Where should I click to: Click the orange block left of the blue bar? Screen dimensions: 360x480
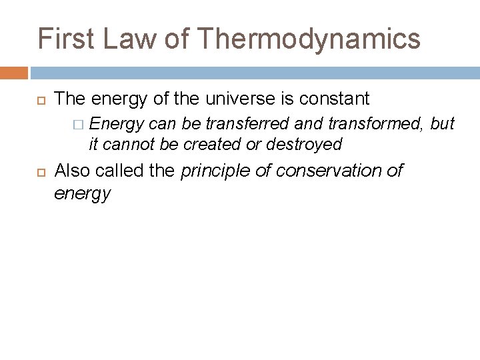tap(14, 73)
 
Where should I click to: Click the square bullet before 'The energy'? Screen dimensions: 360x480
tap(39, 100)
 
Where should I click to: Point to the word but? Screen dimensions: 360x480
tap(443, 123)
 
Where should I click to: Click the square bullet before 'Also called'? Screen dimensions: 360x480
tap(39, 171)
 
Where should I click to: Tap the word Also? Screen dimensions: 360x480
tap(72, 171)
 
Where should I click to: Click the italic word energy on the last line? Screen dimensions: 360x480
tap(82, 193)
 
